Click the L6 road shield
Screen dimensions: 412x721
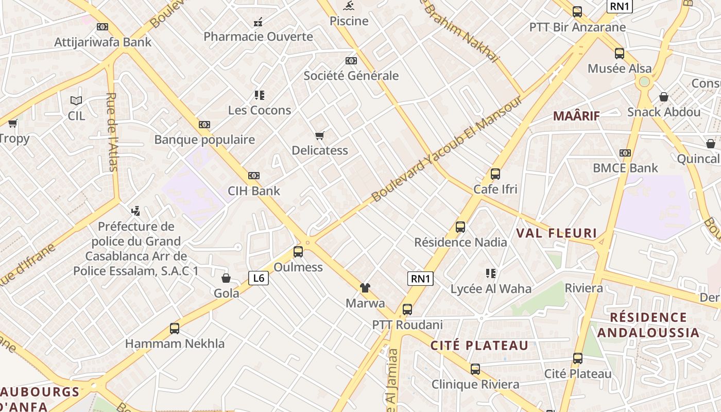(259, 279)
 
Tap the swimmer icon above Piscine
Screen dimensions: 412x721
(349, 6)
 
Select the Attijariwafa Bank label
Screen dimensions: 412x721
(103, 42)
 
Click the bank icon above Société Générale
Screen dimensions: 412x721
(351, 61)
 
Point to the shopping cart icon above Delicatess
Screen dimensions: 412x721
(320, 136)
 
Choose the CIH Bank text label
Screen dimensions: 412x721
(254, 191)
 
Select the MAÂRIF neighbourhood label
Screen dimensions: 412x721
(577, 116)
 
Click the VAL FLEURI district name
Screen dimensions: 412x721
(556, 233)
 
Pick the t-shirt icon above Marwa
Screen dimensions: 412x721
(365, 288)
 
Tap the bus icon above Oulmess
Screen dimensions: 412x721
(298, 252)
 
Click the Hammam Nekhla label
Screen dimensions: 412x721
(175, 344)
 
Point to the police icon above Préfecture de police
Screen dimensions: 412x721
(136, 211)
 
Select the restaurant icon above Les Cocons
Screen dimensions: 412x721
(260, 95)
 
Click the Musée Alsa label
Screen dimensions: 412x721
(620, 68)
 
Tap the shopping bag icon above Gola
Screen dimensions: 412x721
(226, 279)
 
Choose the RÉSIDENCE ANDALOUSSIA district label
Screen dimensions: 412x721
(648, 324)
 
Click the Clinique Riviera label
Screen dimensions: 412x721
(475, 385)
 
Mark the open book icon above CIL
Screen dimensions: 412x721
(76, 100)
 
